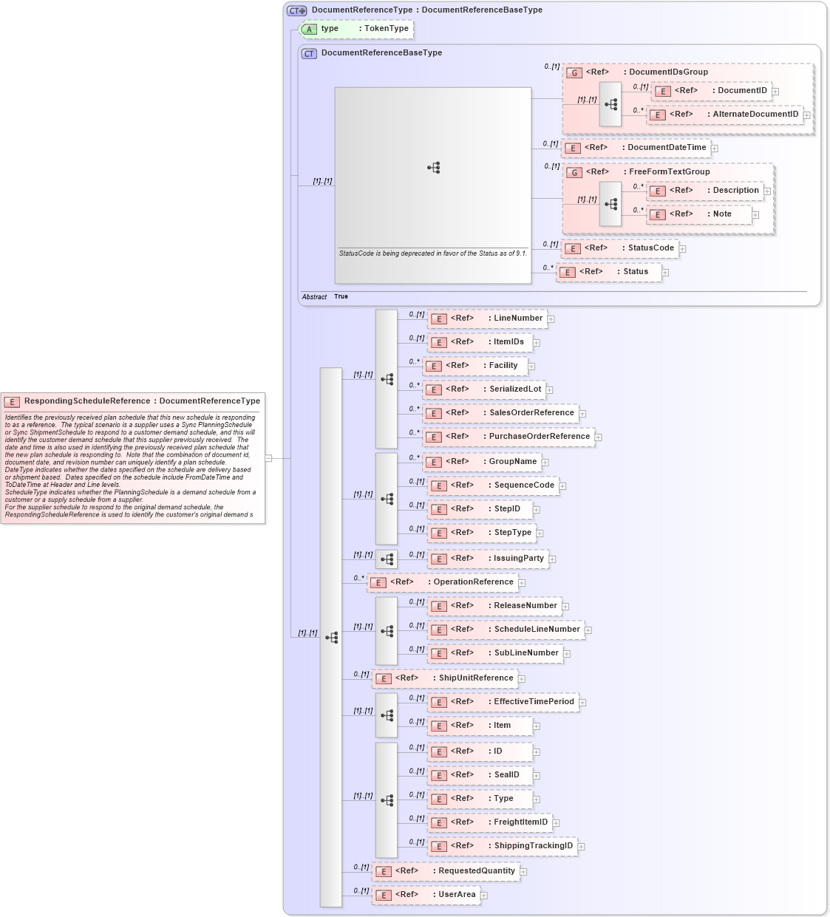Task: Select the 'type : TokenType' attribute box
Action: click(x=357, y=29)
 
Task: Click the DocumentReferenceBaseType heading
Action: click(x=381, y=53)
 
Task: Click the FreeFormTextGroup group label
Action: click(x=669, y=172)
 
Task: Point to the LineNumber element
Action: click(x=488, y=318)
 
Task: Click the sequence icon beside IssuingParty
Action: click(x=387, y=559)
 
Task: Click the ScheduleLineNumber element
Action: click(x=506, y=630)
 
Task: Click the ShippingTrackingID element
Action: click(x=502, y=846)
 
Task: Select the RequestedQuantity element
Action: click(x=446, y=871)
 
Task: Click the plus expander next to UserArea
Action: click(x=484, y=896)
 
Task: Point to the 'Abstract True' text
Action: click(x=325, y=297)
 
